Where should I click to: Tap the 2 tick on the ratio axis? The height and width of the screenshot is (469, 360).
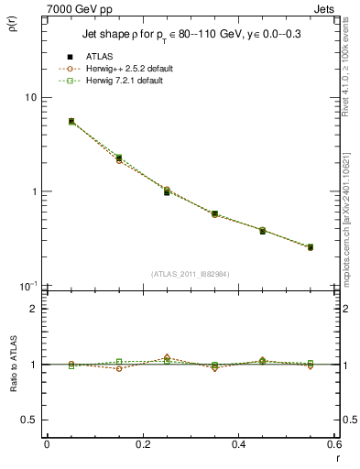[31, 310]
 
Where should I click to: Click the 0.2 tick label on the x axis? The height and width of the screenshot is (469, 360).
[142, 444]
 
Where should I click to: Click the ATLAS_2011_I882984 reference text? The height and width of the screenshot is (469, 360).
[190, 273]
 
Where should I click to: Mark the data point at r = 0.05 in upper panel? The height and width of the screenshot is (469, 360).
[71, 121]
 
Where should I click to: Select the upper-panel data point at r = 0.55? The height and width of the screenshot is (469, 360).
[311, 247]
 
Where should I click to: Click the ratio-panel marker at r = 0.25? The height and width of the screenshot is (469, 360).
[167, 358]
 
